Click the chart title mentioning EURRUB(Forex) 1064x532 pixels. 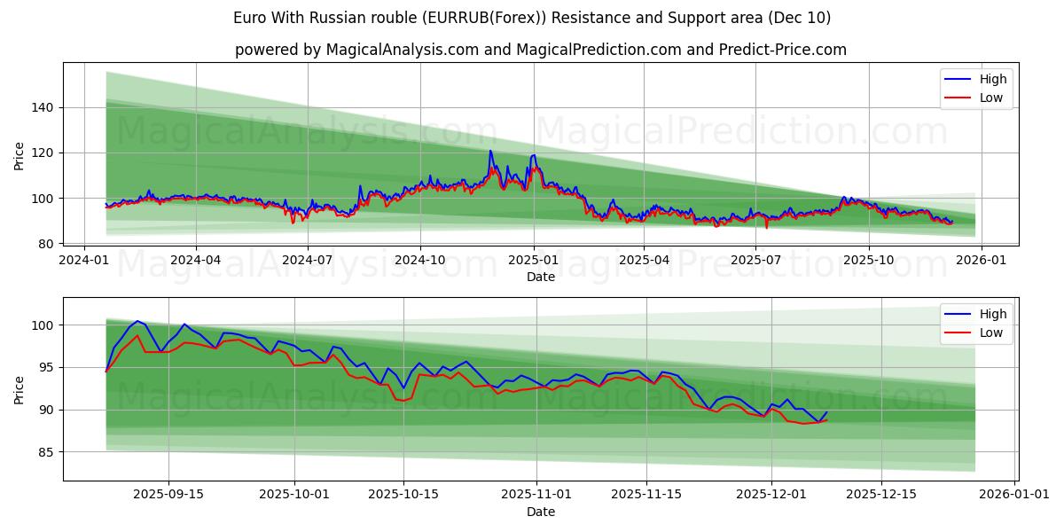pos(532,18)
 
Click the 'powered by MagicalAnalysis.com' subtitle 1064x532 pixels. pos(541,50)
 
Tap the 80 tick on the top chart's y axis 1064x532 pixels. pos(46,243)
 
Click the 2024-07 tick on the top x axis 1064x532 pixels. pos(308,260)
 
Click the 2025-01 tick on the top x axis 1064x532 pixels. pos(533,260)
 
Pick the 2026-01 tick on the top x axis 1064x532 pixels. pos(981,260)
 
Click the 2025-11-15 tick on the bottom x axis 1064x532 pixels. pos(646,495)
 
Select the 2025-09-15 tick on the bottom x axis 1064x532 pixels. pos(168,495)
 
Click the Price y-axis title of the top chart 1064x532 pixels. pos(20,156)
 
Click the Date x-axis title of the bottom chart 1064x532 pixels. pos(541,512)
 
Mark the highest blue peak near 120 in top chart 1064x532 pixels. pos(490,151)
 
